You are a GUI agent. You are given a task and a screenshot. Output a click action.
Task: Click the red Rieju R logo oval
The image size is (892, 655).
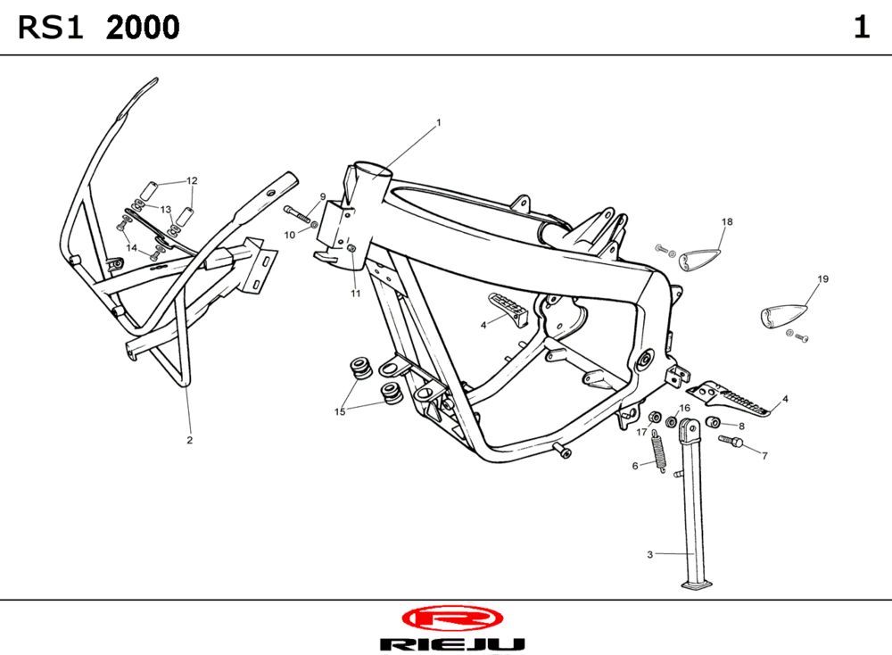[x=452, y=618]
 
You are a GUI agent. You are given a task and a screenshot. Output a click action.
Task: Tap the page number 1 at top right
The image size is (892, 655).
[x=861, y=28]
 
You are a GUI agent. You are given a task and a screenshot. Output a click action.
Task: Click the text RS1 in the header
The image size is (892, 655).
[x=51, y=29]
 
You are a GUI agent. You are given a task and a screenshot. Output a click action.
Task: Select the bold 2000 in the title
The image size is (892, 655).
[x=143, y=29]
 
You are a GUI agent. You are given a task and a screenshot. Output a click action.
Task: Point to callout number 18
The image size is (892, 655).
[x=727, y=221]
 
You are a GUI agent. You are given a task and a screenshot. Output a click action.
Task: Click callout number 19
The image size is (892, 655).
[x=822, y=279]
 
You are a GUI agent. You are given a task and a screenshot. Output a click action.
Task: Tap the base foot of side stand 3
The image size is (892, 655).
[x=698, y=585]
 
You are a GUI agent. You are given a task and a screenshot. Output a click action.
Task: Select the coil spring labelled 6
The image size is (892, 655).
[x=658, y=450]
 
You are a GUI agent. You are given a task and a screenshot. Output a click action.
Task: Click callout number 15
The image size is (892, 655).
[x=340, y=411]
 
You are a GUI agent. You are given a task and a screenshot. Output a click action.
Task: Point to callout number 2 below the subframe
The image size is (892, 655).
[x=189, y=440]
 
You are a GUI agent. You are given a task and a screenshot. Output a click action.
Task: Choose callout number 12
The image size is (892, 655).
[x=192, y=180]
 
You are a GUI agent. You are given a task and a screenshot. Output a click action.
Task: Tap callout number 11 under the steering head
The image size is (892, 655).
[x=355, y=294]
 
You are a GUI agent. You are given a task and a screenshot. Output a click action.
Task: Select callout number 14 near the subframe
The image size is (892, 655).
[x=131, y=248]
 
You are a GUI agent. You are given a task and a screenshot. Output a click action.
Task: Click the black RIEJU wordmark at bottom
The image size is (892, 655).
[x=452, y=643]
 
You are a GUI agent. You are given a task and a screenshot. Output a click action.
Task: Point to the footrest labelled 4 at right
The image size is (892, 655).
[x=733, y=401]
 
